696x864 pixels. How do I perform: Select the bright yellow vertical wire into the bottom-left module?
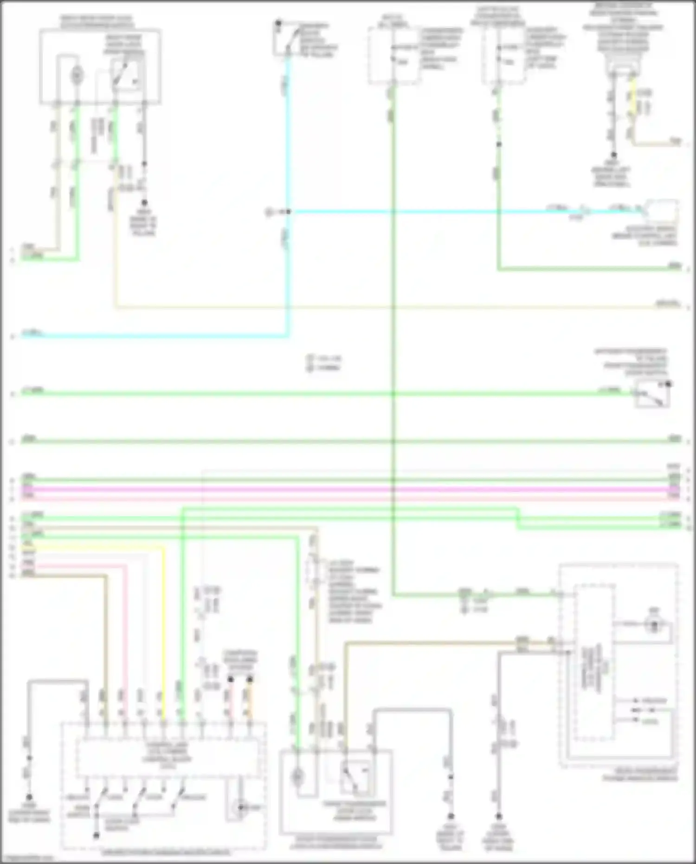(163, 627)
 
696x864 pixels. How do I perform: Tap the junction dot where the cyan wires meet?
(288, 212)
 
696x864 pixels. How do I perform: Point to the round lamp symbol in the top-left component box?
(77, 75)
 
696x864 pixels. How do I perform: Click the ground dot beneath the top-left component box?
(144, 203)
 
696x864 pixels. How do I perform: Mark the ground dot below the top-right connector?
(613, 155)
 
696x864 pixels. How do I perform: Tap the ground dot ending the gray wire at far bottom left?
(29, 797)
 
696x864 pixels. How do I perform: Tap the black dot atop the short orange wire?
(250, 680)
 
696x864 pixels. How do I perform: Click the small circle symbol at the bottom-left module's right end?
(241, 807)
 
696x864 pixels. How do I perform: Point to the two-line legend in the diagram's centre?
(325, 363)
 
